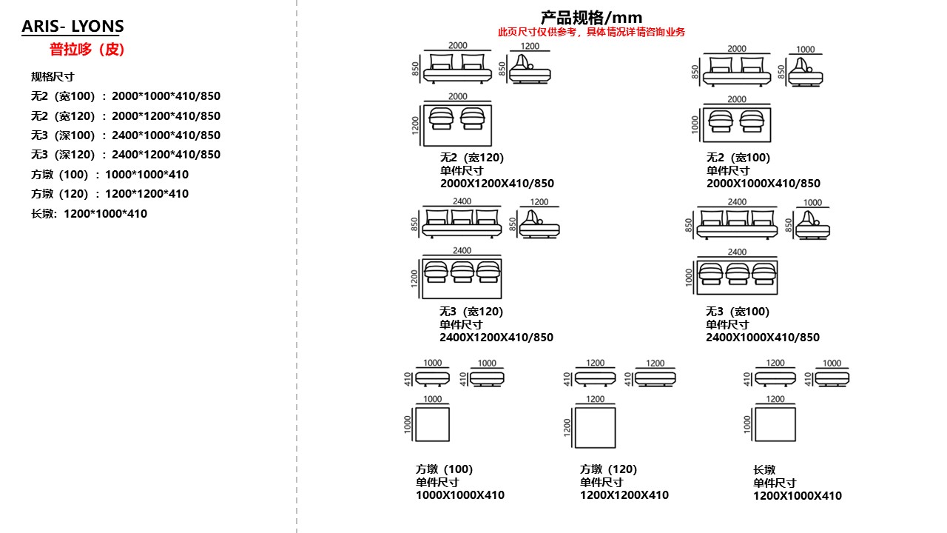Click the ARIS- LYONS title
pyautogui.click(x=73, y=27)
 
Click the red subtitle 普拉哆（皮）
pyautogui.click(x=87, y=50)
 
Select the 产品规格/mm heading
pyautogui.click(x=591, y=17)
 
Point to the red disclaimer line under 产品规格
pyautogui.click(x=591, y=32)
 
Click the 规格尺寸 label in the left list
pyautogui.click(x=53, y=76)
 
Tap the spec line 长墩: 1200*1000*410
pyautogui.click(x=89, y=214)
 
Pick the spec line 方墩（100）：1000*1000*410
pyautogui.click(x=109, y=175)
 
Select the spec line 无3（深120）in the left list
pyautogui.click(x=126, y=155)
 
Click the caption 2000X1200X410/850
pyautogui.click(x=497, y=184)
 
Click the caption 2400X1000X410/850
pyautogui.click(x=763, y=338)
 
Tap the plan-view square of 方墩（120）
pyautogui.click(x=595, y=427)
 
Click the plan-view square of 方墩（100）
pyautogui.click(x=432, y=424)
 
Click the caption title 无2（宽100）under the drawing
pyautogui.click(x=738, y=158)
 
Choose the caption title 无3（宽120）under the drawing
pyautogui.click(x=471, y=312)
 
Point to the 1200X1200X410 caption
pyautogui.click(x=624, y=495)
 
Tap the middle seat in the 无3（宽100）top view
pyautogui.click(x=738, y=272)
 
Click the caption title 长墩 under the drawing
pyautogui.click(x=764, y=469)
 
